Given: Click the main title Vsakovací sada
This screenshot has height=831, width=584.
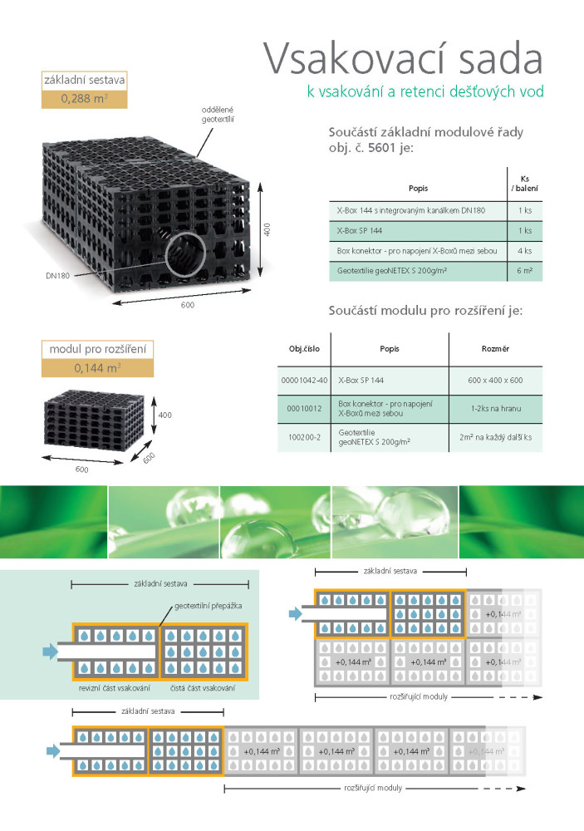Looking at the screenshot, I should pos(403,59).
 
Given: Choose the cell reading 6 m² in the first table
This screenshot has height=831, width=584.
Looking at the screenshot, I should pos(524,270).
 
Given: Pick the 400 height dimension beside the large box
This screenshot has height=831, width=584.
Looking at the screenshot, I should pos(267,229).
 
